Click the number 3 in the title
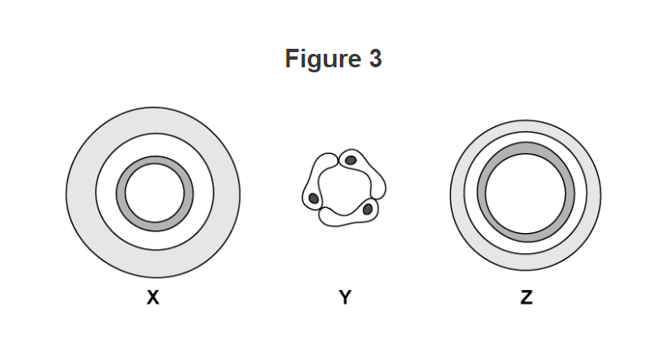pos(374,59)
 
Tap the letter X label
pos(152,299)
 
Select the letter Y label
pos(345,299)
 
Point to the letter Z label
pos(526,299)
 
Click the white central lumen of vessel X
pos(154,193)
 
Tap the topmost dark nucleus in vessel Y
pos(351,160)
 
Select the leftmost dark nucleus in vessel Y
pos(314,199)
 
